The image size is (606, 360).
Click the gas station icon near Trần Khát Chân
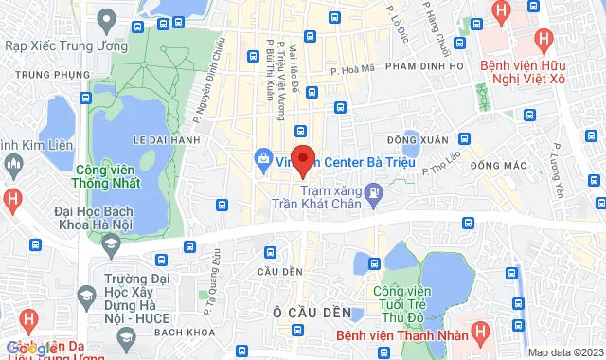point(375,194)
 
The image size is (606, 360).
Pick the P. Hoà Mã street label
point(348,68)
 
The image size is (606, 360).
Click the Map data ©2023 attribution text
point(564,352)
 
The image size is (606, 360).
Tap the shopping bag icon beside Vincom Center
point(261,158)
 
